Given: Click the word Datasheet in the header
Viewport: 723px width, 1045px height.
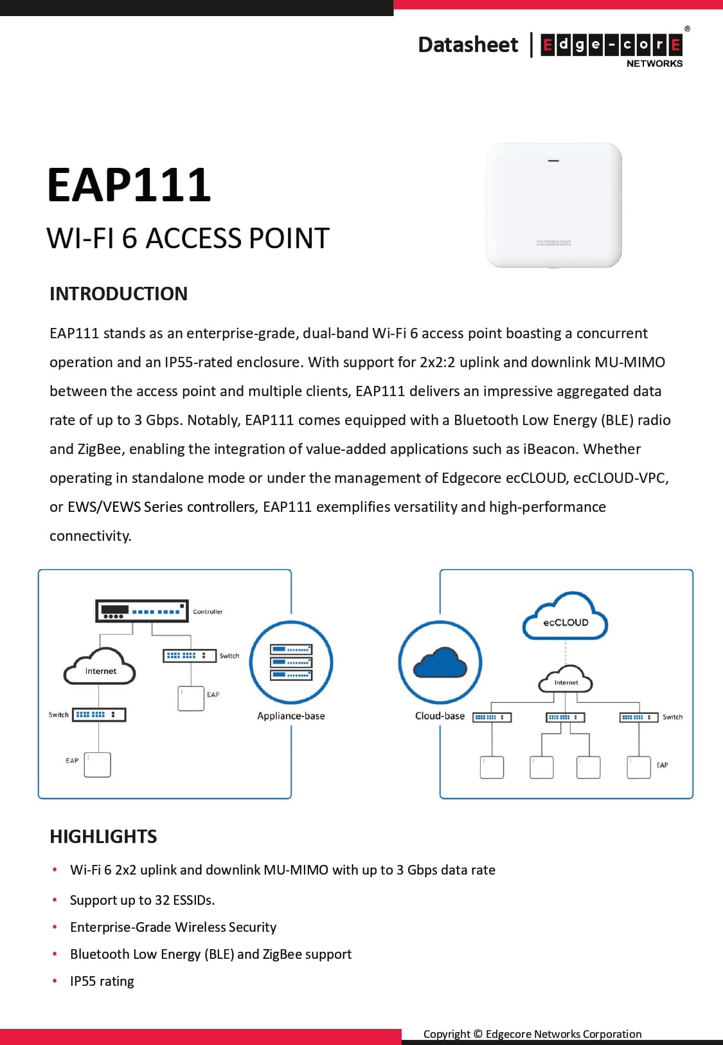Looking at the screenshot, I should (x=467, y=44).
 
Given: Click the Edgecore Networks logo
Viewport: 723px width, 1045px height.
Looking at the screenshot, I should (x=611, y=46).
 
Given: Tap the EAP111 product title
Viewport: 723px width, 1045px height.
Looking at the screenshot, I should (x=129, y=185).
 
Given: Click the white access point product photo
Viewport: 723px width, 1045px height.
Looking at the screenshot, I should (x=553, y=204).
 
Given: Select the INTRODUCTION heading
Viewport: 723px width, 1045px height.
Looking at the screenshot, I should (x=118, y=294).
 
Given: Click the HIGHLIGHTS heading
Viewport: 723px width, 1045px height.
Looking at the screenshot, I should (x=103, y=836).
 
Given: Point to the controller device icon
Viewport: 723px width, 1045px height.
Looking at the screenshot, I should (x=141, y=611).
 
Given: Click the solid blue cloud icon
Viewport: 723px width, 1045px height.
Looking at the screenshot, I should (x=440, y=663).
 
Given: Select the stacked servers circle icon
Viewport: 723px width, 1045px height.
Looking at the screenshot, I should (x=291, y=662).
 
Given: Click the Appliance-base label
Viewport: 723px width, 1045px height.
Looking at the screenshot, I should (x=291, y=716).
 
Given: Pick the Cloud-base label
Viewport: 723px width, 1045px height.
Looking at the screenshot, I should (x=440, y=716).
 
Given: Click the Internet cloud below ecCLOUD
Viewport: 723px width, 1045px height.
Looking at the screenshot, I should (x=566, y=680).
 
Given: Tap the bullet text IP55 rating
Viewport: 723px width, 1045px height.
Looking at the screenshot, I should (x=102, y=981).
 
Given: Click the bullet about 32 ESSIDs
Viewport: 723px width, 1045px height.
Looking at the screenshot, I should (x=142, y=900).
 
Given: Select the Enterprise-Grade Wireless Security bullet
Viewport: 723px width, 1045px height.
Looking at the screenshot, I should (x=173, y=927).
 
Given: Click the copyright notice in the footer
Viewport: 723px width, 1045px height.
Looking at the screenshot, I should (x=532, y=1034).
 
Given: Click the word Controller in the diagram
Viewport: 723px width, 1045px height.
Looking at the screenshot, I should (x=208, y=612).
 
